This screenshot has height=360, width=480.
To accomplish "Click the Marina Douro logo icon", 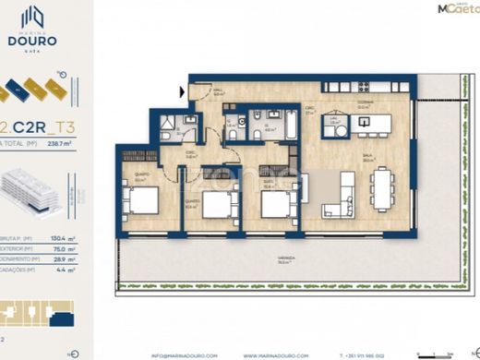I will click(34, 18).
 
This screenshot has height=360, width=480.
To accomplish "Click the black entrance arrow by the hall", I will click(182, 90).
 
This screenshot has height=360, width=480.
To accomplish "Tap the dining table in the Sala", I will click(381, 188).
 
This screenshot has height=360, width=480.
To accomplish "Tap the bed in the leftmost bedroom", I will click(144, 198).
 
